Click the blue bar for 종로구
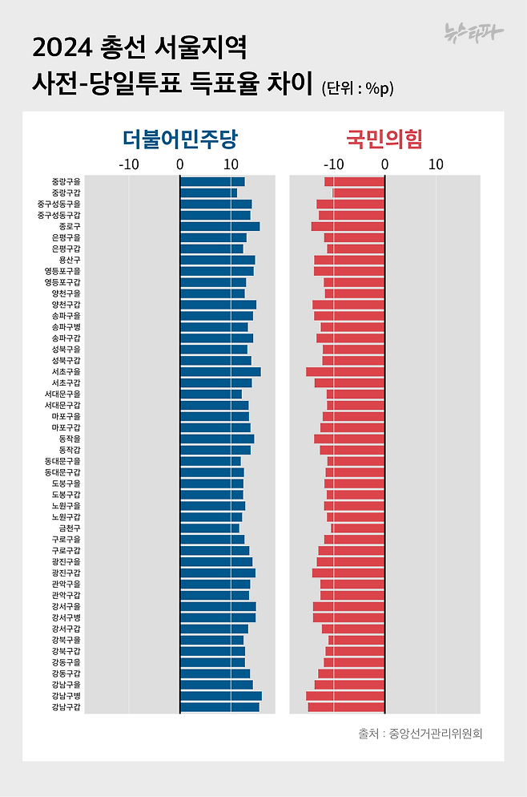pyautogui.click(x=219, y=227)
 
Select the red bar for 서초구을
pyautogui.click(x=345, y=372)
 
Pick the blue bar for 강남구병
pyautogui.click(x=220, y=696)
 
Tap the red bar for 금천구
pyautogui.click(x=358, y=528)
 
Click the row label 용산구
pyautogui.click(x=69, y=261)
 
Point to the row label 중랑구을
pyautogui.click(x=65, y=182)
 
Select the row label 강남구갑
pyautogui.click(x=65, y=707)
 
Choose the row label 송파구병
pyautogui.click(x=65, y=327)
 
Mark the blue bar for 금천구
pyautogui.click(x=209, y=528)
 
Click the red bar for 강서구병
pyautogui.click(x=348, y=618)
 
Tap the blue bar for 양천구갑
pyautogui.click(x=218, y=305)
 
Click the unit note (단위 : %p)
pyautogui.click(x=357, y=87)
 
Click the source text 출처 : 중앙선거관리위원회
pyautogui.click(x=420, y=734)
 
